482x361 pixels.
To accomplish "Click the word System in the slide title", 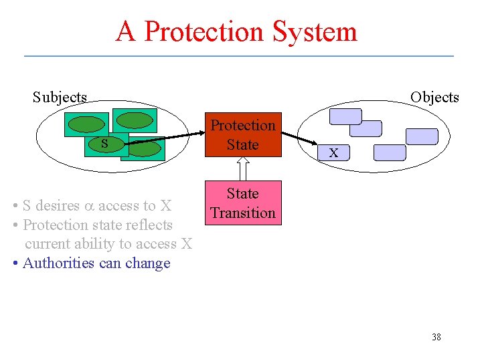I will click(x=315, y=31).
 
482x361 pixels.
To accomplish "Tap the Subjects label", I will click(x=60, y=98).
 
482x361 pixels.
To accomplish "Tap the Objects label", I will click(x=434, y=98).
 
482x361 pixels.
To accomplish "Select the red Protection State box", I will click(x=242, y=134).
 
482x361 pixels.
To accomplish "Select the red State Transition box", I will click(x=242, y=203).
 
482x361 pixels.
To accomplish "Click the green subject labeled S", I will click(x=103, y=143).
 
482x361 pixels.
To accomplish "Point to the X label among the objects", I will click(x=333, y=154).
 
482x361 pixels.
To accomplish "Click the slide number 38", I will click(x=436, y=337).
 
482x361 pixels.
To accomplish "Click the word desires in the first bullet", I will click(x=57, y=206).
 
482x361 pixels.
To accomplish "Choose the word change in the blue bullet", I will click(x=148, y=263).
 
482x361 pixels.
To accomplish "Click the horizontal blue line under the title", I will click(x=239, y=55).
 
